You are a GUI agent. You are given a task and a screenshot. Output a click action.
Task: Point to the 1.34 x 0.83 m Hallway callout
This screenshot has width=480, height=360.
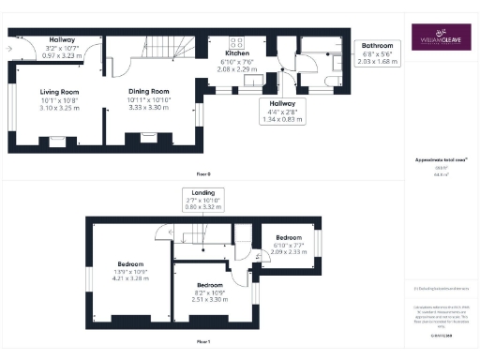pos(282,111)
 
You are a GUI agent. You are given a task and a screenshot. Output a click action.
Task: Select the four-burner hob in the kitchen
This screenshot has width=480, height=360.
pos(233,41)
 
